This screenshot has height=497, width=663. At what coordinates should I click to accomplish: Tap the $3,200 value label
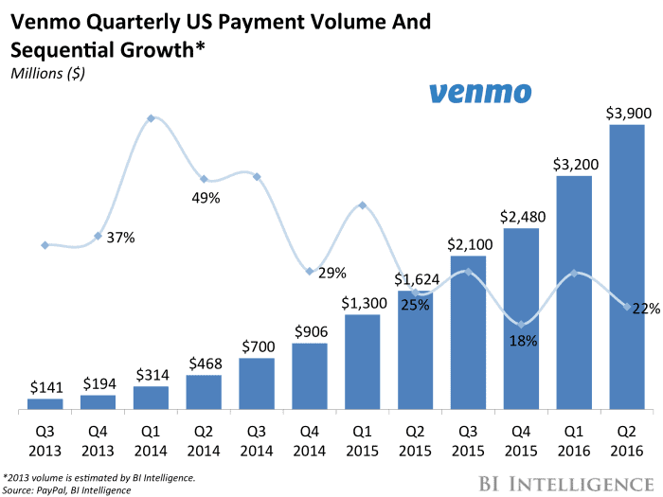tap(573, 164)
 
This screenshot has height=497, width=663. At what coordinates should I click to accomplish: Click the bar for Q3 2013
tap(45, 404)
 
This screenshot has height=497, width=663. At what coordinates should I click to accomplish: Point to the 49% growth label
tap(206, 198)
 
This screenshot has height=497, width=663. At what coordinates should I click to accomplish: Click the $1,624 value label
tap(415, 280)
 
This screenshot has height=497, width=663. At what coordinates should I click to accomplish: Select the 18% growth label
tap(522, 340)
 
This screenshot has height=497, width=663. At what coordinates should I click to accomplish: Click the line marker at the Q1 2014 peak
tap(151, 118)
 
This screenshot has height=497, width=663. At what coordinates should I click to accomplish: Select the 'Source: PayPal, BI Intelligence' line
tap(66, 489)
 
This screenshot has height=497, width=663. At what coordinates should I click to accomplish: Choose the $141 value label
tap(45, 387)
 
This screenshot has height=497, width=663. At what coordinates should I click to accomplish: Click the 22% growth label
tap(646, 308)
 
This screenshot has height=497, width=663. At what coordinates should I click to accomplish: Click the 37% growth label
tap(120, 238)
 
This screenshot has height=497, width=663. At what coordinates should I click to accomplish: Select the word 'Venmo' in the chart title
tap(48, 21)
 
